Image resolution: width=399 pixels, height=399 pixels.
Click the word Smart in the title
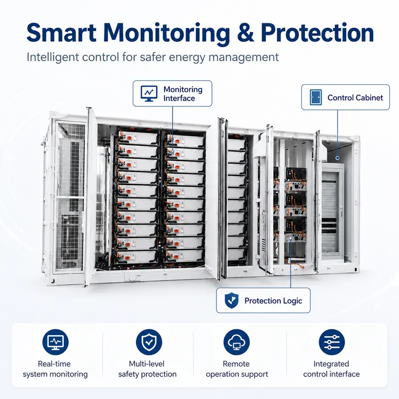61,32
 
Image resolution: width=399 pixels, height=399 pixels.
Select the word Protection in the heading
317,32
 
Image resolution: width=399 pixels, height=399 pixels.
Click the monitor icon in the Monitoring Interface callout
149,93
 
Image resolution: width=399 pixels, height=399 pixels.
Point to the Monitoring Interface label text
183,94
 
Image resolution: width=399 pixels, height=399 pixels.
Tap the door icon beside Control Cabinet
316,97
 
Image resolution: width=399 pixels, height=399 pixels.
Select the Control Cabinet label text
355,98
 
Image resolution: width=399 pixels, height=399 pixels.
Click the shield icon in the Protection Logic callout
231,300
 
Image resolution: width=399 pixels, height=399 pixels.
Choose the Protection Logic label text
273,301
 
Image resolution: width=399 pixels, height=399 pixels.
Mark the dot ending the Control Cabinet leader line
338,158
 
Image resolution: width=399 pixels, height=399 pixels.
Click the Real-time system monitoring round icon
55,342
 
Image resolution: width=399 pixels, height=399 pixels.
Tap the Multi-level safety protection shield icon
149,342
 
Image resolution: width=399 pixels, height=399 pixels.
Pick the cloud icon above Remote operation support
236,342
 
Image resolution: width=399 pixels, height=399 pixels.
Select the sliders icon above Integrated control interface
332,342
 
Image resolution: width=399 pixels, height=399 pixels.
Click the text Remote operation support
236,369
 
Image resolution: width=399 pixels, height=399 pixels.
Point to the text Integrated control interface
331,369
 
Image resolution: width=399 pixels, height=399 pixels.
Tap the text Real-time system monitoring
55,369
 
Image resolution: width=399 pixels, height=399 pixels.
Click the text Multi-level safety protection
147,369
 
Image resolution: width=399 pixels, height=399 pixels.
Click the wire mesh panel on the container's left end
70,196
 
